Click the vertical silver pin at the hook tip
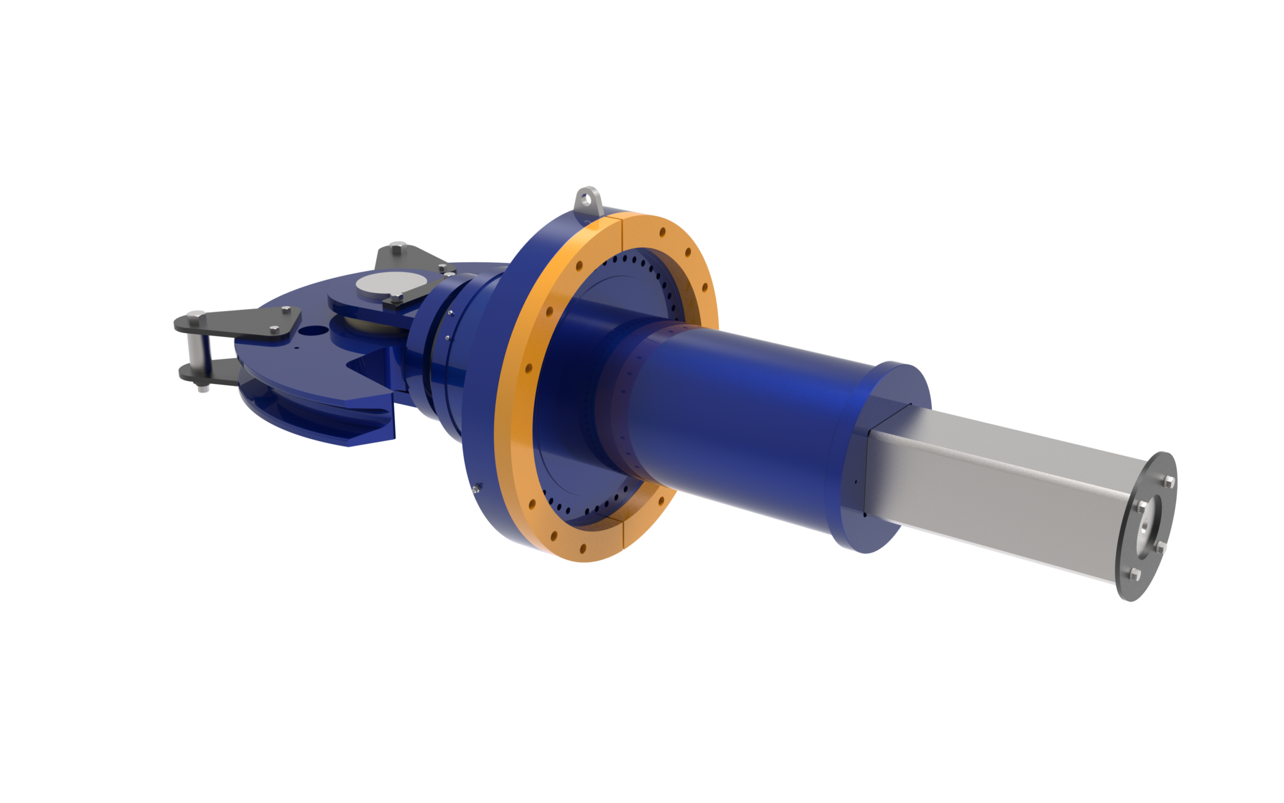coord(196,352)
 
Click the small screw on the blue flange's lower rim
coord(478,487)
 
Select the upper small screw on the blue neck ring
coord(450,312)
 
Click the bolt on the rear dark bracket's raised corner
coord(396,251)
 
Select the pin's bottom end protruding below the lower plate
coord(202,390)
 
